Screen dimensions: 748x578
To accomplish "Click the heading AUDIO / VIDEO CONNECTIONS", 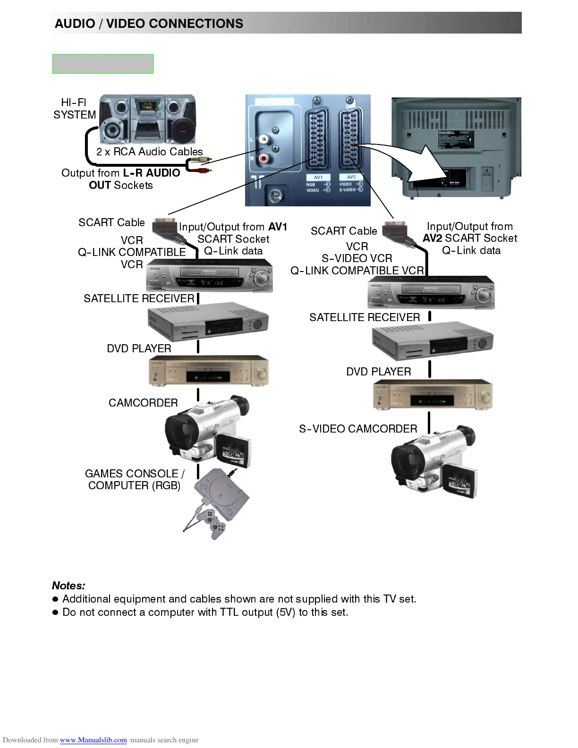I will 149,24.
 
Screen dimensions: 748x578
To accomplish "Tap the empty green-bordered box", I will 102,64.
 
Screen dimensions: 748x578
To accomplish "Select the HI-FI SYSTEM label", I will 74,109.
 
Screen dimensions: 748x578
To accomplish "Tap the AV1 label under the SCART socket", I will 318,178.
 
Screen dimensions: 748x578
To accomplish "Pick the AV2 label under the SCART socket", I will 351,177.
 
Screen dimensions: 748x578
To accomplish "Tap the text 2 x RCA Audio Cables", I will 149,152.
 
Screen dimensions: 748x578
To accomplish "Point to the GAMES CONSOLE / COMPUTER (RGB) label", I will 134,479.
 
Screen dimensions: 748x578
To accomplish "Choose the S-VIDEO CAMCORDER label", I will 358,429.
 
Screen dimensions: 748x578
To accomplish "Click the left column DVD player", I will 208,371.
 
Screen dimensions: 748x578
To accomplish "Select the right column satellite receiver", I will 432,341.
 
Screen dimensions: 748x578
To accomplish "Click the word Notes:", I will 68,586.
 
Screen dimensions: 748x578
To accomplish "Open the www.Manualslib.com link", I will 93,740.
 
